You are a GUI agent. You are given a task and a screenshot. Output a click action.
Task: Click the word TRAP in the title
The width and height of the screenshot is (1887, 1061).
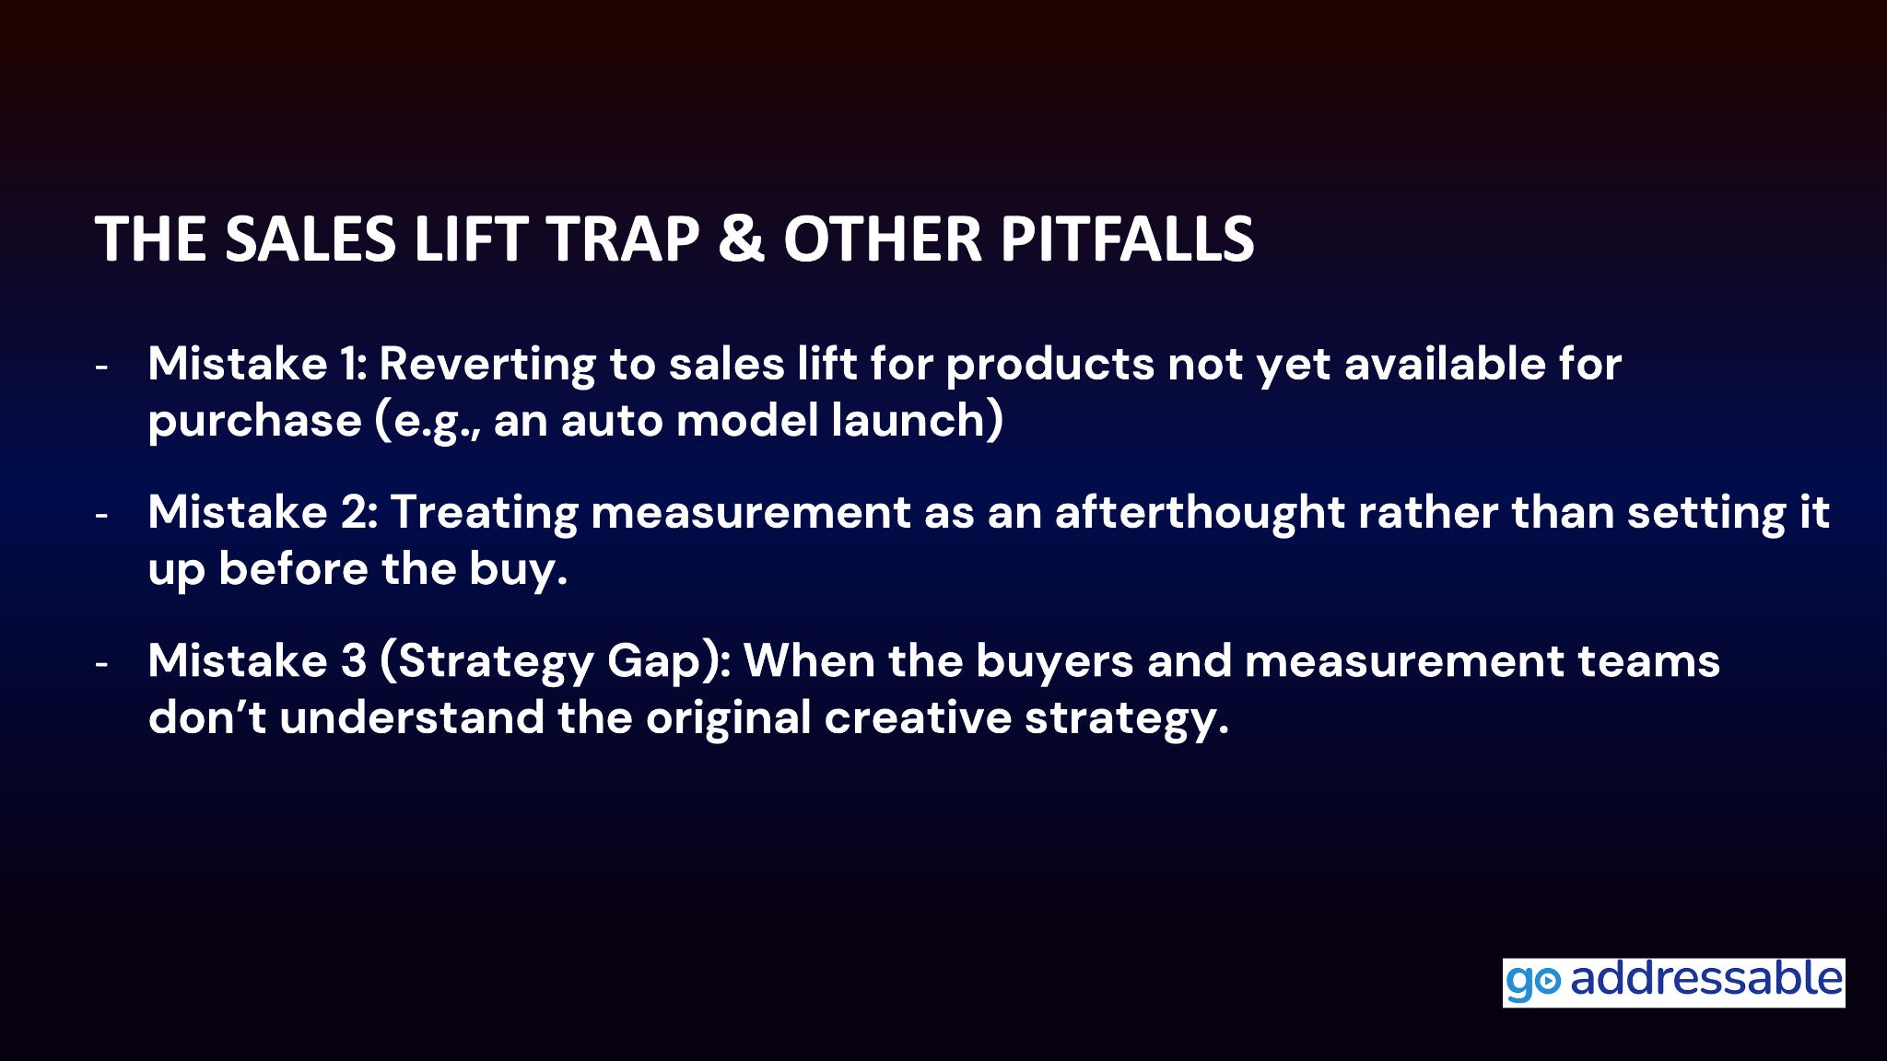point(623,239)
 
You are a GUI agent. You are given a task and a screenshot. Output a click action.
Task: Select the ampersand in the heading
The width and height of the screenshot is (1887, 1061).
point(742,239)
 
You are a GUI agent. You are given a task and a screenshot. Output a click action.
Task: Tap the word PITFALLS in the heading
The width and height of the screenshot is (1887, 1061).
point(1127,239)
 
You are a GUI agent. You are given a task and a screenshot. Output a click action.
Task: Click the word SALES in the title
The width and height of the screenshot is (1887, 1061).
point(311,239)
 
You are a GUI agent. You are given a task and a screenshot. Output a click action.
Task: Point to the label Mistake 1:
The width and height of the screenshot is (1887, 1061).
point(258,364)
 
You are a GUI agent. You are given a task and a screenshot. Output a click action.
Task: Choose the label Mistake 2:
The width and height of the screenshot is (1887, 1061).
point(264,512)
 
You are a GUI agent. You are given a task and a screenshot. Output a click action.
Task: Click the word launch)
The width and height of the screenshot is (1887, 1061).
point(917,421)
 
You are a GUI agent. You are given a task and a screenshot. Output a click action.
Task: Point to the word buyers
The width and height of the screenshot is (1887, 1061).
point(1054,662)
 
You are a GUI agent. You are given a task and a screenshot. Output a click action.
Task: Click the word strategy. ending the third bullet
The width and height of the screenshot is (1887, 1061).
point(1127,719)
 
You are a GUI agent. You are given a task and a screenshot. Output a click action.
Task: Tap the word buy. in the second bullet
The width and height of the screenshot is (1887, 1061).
point(519,570)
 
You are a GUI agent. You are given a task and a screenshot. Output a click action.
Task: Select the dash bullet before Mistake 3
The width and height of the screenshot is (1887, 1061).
point(101,663)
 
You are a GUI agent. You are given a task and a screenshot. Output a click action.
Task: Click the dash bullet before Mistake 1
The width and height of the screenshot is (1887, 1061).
point(101,367)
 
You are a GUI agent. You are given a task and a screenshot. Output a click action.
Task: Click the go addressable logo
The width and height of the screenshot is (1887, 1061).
point(1673,982)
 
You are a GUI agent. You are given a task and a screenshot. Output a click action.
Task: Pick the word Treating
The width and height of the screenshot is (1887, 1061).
point(485,514)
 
